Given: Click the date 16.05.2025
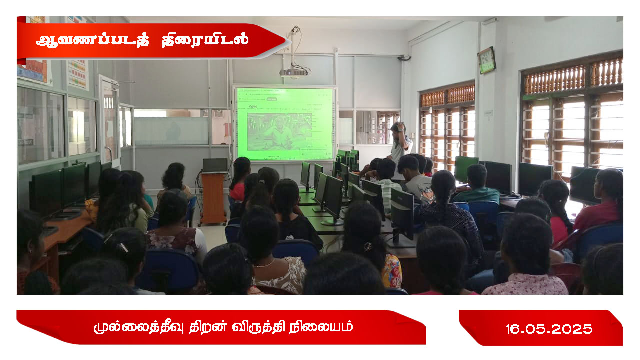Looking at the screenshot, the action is tap(549, 329).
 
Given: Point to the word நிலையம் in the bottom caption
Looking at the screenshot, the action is tap(321, 327).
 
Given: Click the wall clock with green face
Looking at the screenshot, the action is tap(487, 60).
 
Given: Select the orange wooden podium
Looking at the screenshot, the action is tap(213, 197).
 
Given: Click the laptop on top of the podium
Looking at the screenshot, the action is tap(215, 165).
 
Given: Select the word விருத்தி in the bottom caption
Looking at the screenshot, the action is tap(258, 327).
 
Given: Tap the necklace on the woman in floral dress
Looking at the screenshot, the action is tap(265, 264).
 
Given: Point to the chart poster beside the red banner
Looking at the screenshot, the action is tap(77, 73).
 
